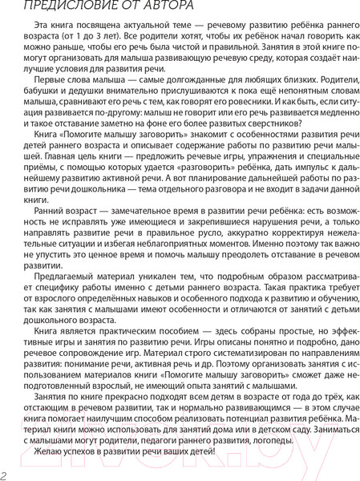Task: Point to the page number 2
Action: point(5,475)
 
